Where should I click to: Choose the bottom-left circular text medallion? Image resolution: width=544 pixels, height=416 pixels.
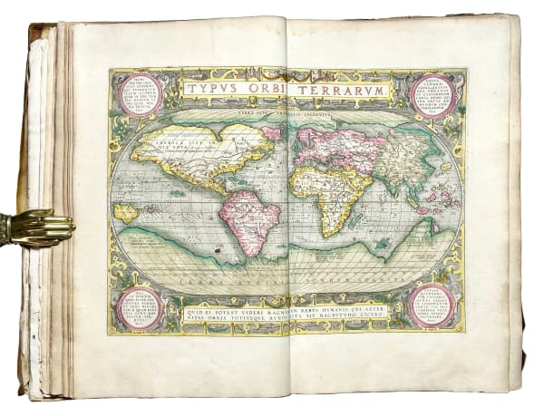(139, 307)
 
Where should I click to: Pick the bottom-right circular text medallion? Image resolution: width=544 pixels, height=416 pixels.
(432, 307)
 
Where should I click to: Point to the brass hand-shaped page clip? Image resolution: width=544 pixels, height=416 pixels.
(36, 227)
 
